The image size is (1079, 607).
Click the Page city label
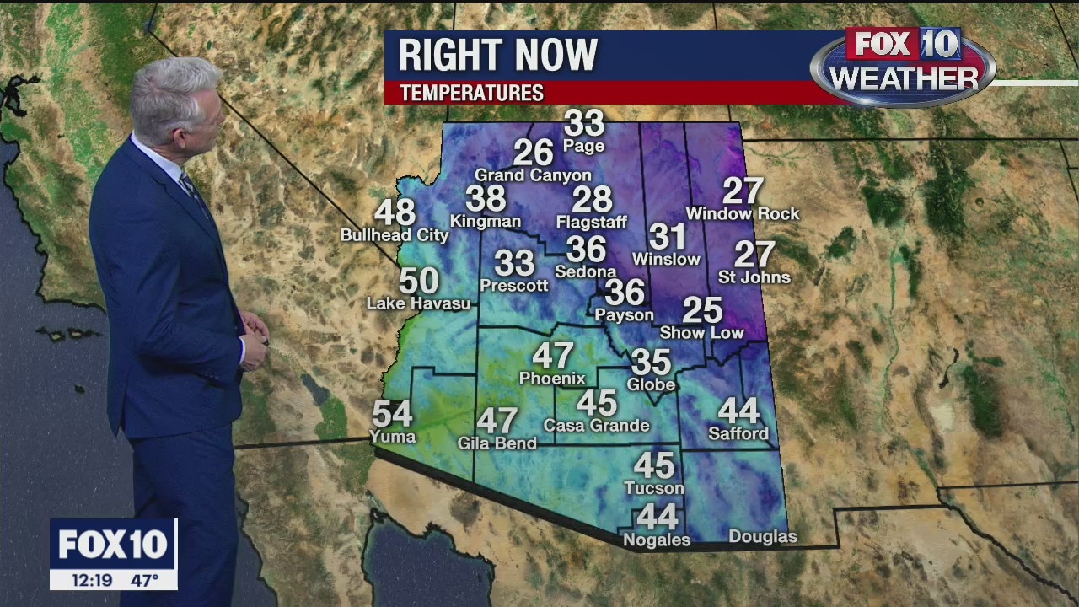point(584,147)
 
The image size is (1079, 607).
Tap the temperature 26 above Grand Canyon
point(533,153)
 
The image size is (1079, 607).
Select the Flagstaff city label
point(592,223)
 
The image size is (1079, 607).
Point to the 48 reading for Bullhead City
point(395,212)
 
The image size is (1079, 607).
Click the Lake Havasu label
point(418,303)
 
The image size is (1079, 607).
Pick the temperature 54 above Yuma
point(392,414)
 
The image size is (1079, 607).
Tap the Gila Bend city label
point(497,443)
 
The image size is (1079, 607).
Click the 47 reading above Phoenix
point(553,356)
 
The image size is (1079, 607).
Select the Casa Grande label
point(597,426)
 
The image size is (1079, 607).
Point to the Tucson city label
point(654,488)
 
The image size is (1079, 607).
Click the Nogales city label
point(657,540)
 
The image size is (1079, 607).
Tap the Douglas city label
point(762,537)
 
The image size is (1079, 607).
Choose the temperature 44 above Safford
point(738,411)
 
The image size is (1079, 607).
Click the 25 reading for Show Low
point(702,310)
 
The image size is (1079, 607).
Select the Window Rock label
point(743,214)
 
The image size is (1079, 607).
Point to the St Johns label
point(754,277)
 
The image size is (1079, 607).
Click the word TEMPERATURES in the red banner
point(471,93)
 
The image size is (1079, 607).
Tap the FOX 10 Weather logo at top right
point(903,66)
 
